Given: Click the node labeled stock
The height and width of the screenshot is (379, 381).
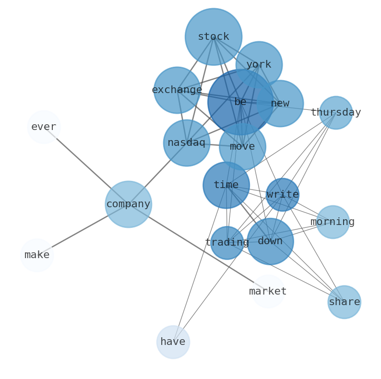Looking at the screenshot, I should (x=213, y=36).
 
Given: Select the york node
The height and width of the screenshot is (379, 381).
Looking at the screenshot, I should (x=259, y=64).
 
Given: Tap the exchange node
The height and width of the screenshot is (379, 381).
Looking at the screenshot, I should (x=177, y=90).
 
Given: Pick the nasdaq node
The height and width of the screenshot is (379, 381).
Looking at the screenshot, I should (x=186, y=142).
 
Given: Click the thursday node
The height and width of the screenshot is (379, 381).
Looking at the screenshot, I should (x=335, y=112).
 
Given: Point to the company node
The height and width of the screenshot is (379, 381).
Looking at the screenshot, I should (x=128, y=204).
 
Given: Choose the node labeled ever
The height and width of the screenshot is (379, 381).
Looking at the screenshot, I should (x=44, y=127).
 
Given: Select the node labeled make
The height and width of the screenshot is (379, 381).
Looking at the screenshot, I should (x=37, y=255).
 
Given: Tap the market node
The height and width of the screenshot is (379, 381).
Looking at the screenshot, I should (x=268, y=291).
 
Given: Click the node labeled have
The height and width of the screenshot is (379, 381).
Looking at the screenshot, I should (x=173, y=342).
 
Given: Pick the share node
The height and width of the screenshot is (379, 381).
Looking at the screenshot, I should (x=344, y=302).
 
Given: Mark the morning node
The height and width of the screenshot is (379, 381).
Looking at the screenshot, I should (x=333, y=222).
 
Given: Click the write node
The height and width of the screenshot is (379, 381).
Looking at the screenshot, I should (x=282, y=194).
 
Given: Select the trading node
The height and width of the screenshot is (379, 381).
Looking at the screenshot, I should (x=227, y=242).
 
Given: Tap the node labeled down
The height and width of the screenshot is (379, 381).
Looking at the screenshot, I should (x=270, y=241).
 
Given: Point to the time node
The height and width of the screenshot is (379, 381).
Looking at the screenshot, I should (x=226, y=185).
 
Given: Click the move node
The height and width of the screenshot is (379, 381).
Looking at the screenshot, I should (x=242, y=146).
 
